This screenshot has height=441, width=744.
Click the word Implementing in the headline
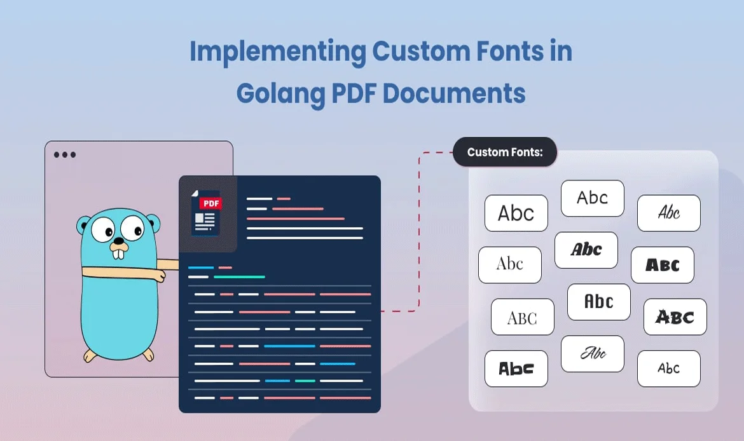[278, 52]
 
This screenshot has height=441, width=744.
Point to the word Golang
[281, 94]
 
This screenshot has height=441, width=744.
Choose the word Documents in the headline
[454, 93]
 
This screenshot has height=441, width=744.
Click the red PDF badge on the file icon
[210, 203]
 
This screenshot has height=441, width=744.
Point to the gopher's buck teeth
[118, 253]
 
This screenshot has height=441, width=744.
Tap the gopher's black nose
[119, 241]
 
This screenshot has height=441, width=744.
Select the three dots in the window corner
[65, 154]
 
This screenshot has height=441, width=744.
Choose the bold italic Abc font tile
[586, 250]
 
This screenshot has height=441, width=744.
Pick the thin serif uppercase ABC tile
[523, 316]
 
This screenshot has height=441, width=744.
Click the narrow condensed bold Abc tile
[599, 302]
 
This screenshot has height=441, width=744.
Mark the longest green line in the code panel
[239, 277]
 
